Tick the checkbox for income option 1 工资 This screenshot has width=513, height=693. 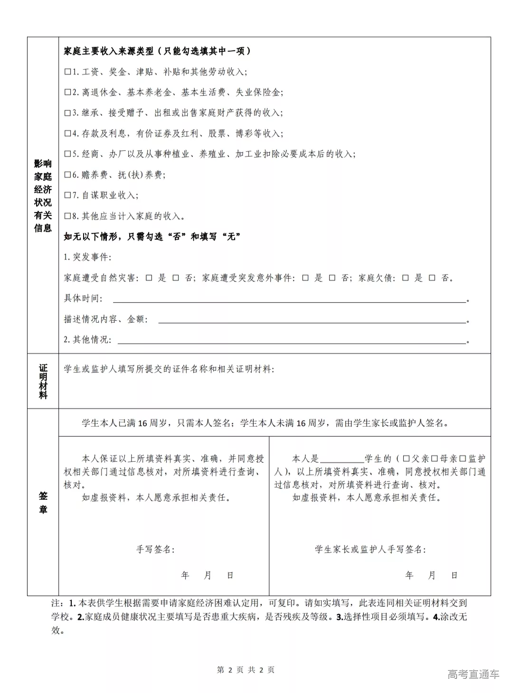[67, 72]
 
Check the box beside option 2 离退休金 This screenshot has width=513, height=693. [67, 93]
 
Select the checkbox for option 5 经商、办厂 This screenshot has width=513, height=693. [67, 154]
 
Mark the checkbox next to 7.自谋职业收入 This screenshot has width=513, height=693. [67, 196]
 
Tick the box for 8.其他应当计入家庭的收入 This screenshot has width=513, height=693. [67, 216]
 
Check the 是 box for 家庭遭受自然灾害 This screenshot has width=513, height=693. [149, 278]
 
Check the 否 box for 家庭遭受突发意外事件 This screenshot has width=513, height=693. [332, 278]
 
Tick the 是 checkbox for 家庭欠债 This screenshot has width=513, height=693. [405, 278]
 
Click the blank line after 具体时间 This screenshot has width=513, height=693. [289, 299]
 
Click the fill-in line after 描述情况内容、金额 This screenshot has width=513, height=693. [311, 320]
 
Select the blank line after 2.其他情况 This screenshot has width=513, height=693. [291, 340]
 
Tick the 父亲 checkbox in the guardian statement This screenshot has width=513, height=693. [406, 459]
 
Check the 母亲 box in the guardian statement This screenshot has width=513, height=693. [434, 459]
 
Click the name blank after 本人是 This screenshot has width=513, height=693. [342, 459]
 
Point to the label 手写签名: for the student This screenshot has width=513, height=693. [155, 550]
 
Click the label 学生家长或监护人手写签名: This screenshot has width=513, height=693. [370, 550]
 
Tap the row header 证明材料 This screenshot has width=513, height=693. [43, 381]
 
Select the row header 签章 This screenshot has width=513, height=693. [43, 503]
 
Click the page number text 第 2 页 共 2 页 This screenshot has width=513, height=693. [246, 670]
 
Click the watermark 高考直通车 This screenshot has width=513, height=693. [473, 674]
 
